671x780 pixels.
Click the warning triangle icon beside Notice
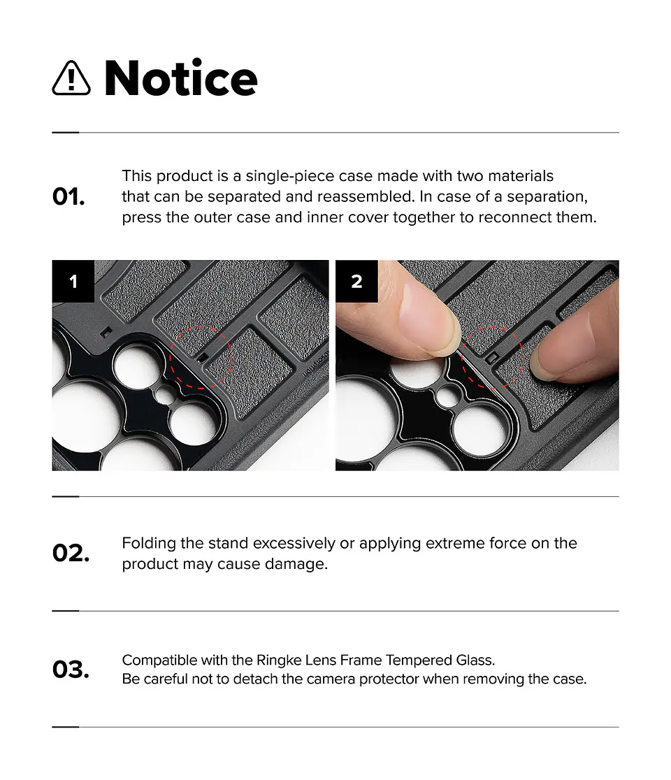pos(71,78)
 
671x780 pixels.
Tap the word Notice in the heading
pos(180,78)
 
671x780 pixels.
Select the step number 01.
pos(68,197)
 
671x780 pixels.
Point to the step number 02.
pos(71,553)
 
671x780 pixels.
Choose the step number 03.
pos(71,670)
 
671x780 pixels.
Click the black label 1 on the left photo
pos(73,281)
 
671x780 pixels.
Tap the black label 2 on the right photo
pos(356,281)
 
